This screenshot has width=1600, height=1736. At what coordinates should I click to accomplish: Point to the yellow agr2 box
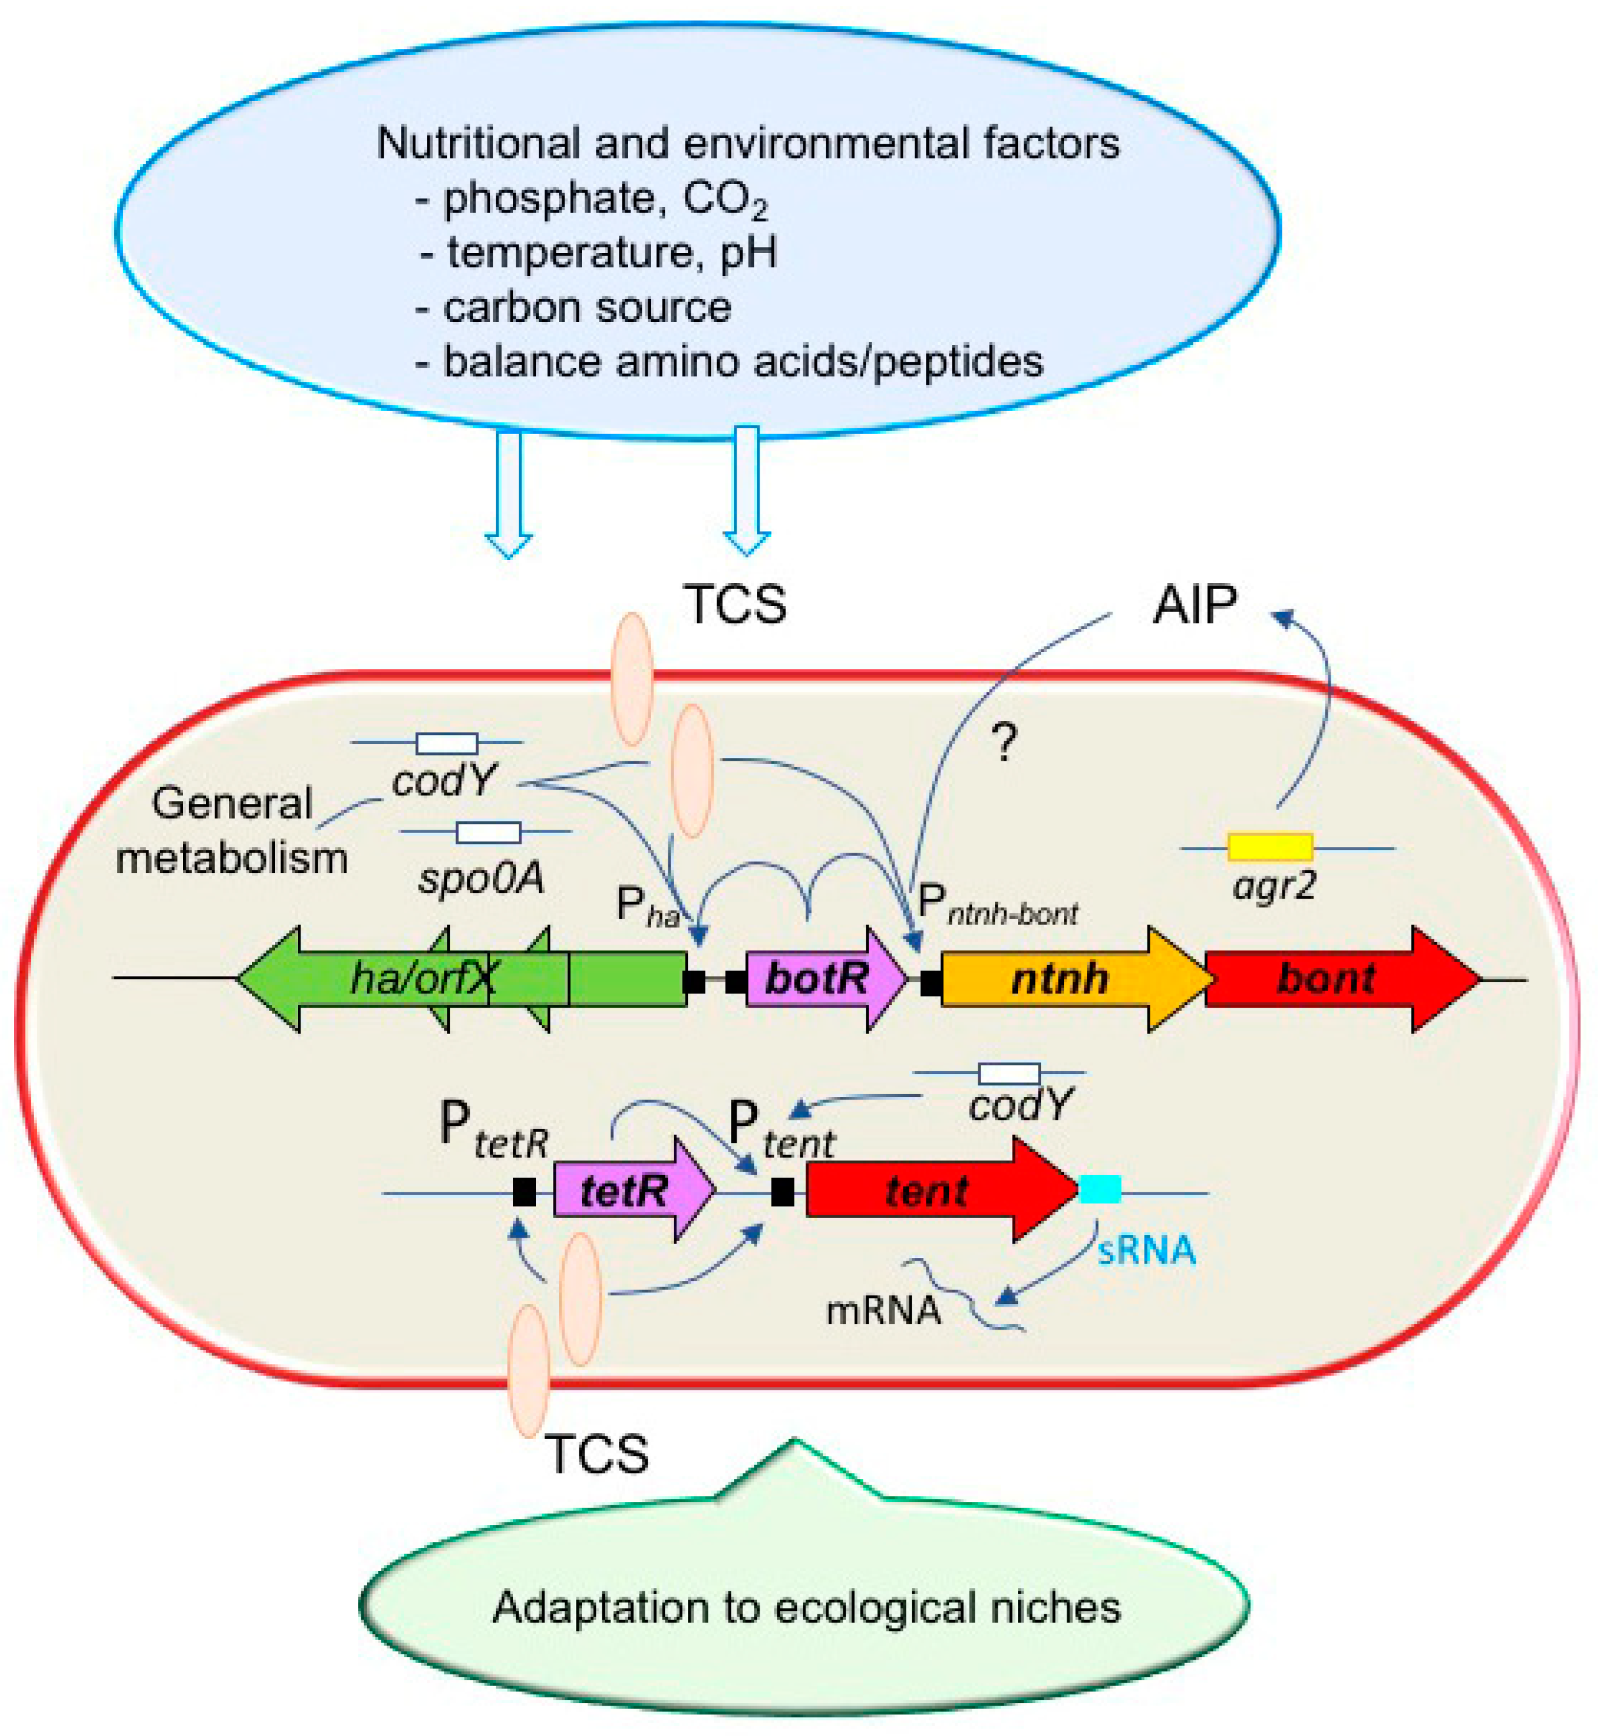tap(1270, 847)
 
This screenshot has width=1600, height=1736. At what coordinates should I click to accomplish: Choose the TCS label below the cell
tap(597, 1454)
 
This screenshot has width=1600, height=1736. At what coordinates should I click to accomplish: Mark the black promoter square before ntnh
tap(931, 983)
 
